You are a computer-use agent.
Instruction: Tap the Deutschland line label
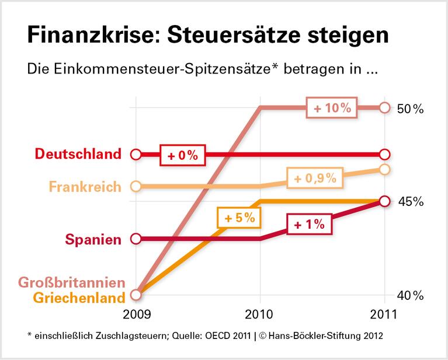click(x=78, y=154)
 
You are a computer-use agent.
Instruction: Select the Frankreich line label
click(x=85, y=187)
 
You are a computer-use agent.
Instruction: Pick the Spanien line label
click(x=93, y=239)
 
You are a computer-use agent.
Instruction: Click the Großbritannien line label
click(x=72, y=283)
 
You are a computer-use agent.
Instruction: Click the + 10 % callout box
click(x=332, y=108)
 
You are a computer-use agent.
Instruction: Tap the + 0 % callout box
click(x=183, y=155)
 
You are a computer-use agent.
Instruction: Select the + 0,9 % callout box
click(x=315, y=179)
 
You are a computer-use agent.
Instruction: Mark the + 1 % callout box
click(x=310, y=224)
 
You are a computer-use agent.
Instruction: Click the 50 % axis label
click(x=410, y=109)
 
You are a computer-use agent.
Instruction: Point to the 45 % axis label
click(x=410, y=202)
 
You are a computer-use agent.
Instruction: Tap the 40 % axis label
click(x=410, y=296)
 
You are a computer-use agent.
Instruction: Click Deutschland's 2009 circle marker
click(x=136, y=155)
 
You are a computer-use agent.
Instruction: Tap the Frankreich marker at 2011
click(x=384, y=169)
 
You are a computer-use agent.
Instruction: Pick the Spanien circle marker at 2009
click(x=136, y=239)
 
